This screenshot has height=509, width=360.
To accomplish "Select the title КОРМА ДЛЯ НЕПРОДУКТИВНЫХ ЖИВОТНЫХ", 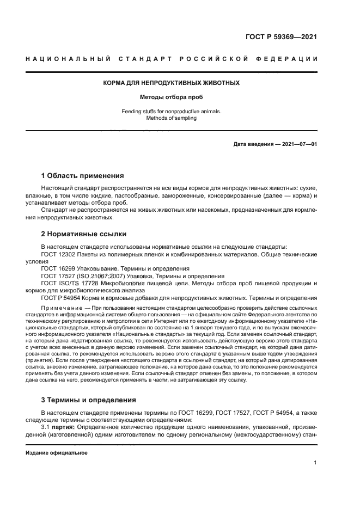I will point(172,83).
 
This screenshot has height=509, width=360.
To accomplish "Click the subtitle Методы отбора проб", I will point(172,99).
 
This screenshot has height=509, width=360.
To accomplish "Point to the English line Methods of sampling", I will point(172,118).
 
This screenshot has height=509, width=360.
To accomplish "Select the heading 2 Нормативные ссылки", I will point(84,234).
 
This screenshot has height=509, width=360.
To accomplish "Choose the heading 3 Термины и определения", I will point(89,400).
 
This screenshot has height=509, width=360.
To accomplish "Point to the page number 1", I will point(315,463).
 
